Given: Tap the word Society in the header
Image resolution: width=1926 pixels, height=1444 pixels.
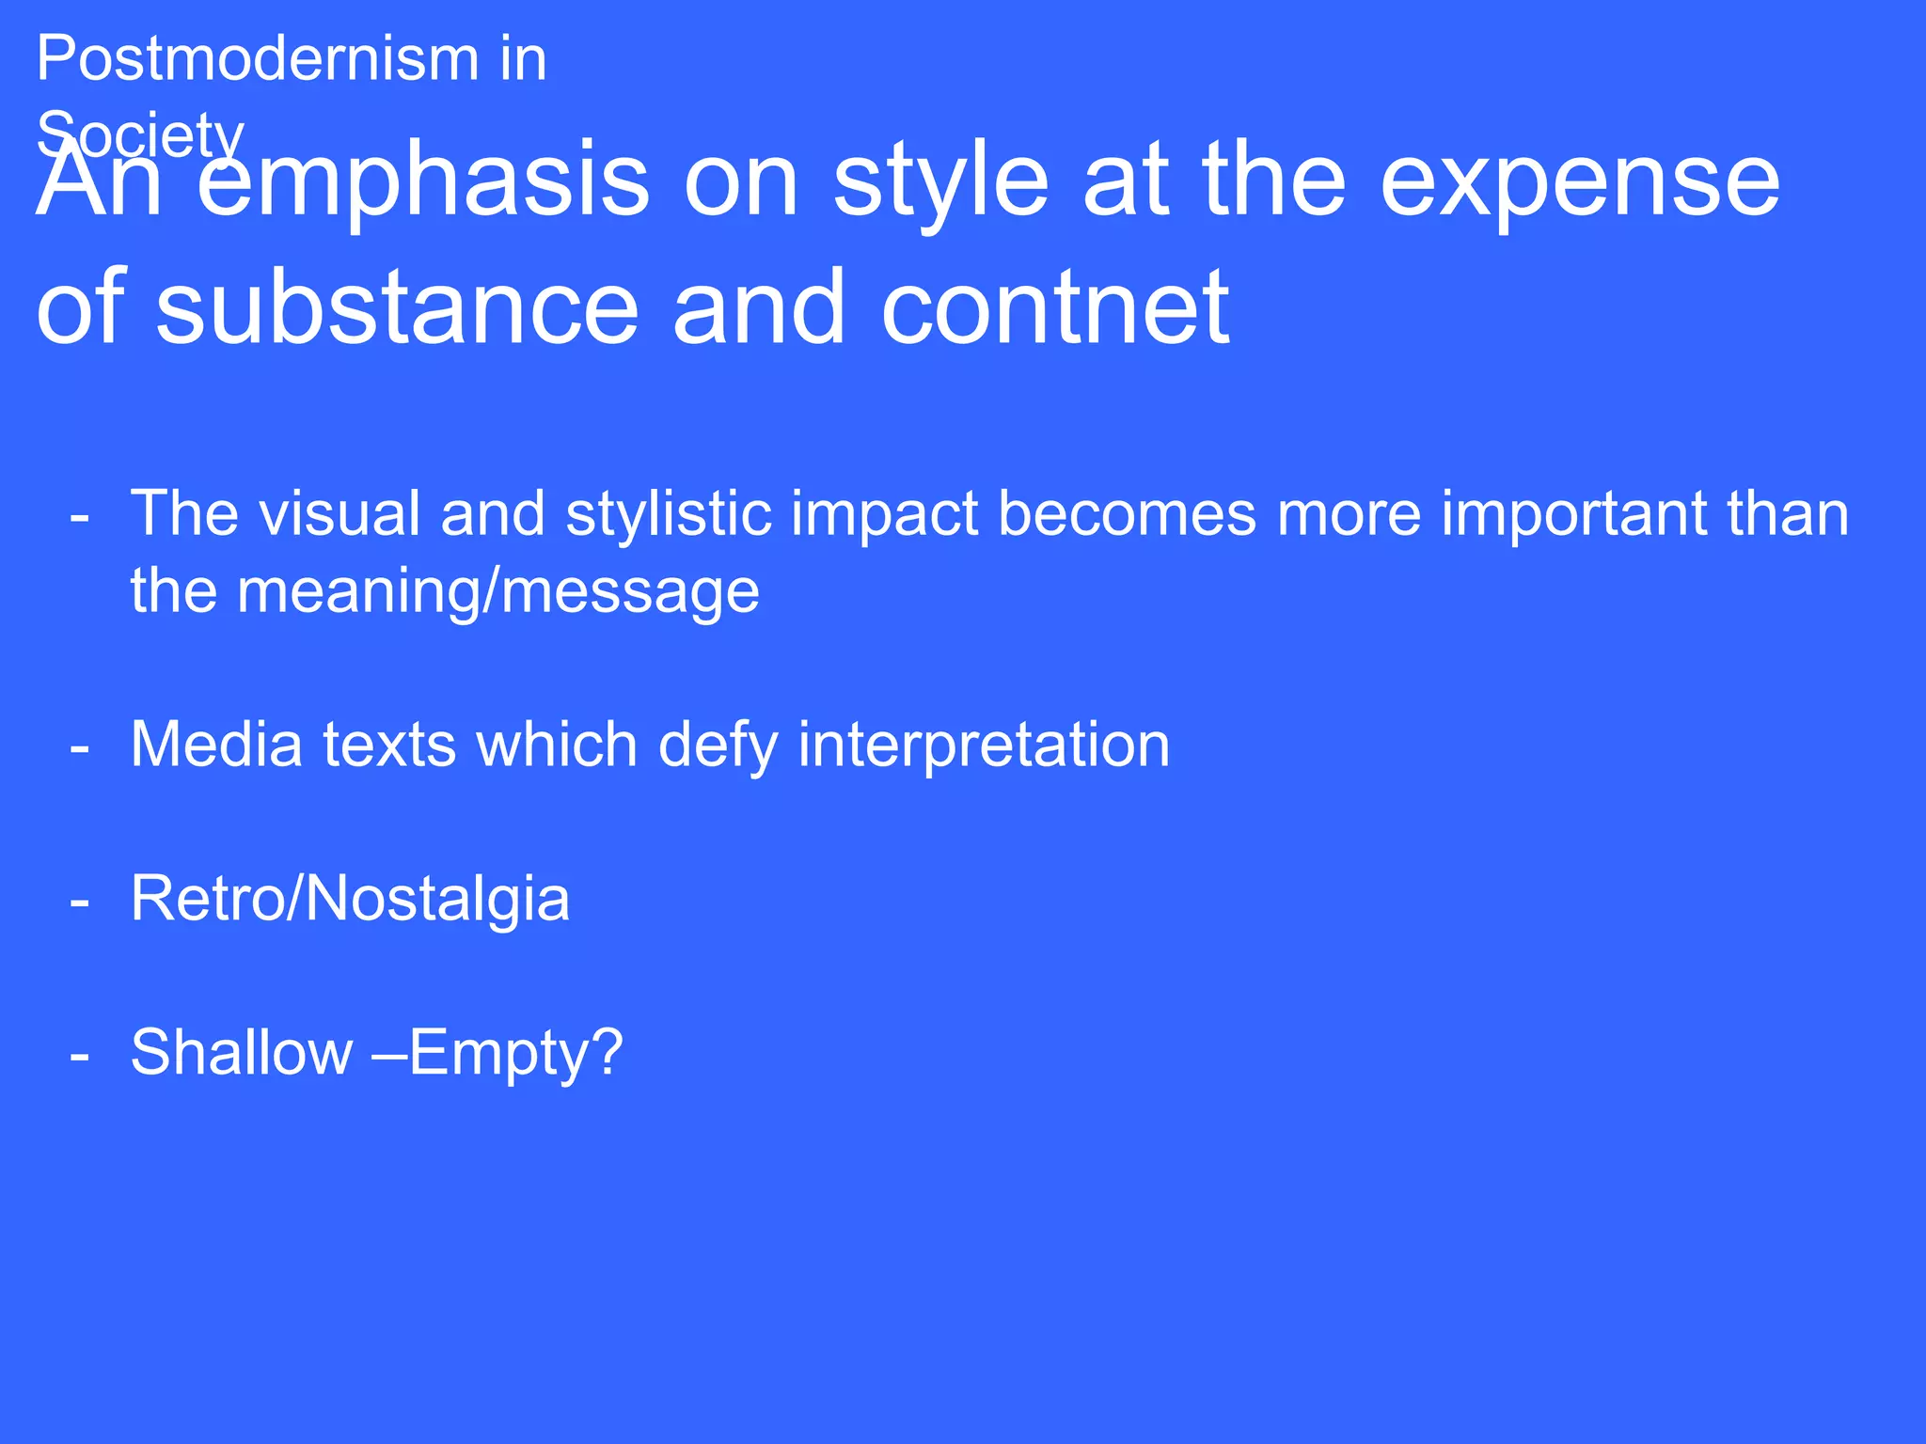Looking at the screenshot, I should click(140, 134).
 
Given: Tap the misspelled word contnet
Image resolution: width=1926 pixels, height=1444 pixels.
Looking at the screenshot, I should click(1054, 308).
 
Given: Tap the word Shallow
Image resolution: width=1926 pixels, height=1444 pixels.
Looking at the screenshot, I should click(241, 1053).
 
